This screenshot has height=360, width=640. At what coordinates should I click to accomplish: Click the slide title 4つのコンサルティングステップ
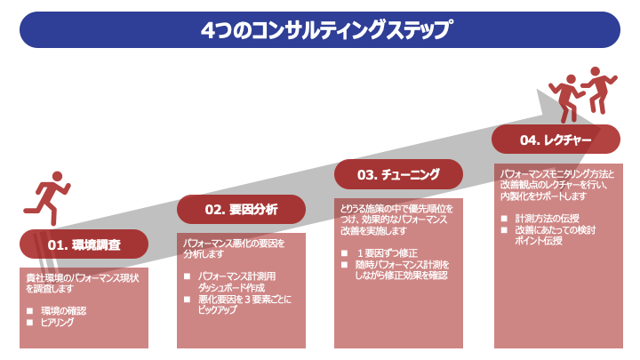click(x=320, y=29)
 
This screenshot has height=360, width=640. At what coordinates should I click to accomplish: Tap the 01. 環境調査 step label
click(x=84, y=244)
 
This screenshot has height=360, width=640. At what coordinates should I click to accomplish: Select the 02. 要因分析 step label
click(x=241, y=210)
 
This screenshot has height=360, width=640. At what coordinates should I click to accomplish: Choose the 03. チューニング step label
click(x=398, y=174)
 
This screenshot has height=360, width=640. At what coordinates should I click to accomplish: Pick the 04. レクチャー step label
click(x=556, y=140)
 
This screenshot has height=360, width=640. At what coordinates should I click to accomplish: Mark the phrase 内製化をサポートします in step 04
click(x=541, y=195)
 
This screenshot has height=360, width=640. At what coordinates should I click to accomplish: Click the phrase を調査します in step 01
click(x=52, y=288)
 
